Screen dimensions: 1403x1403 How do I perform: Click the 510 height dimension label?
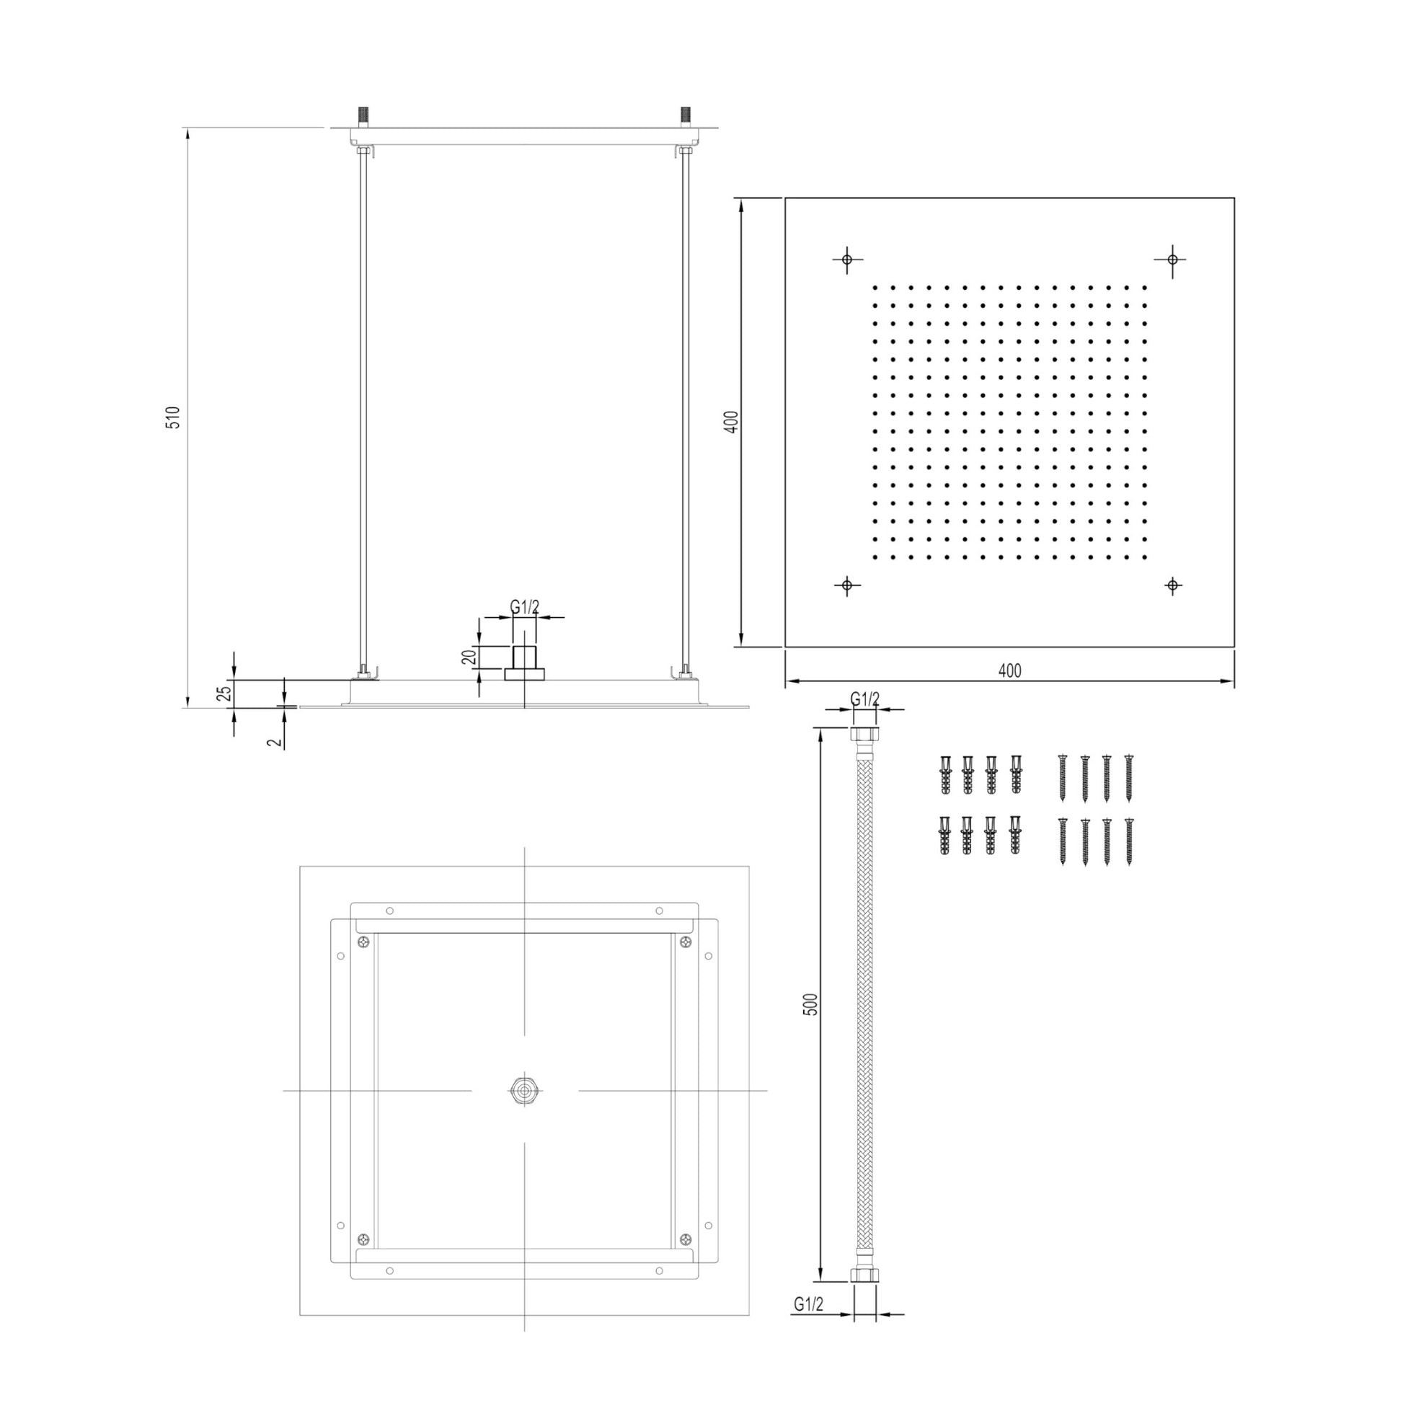click(174, 417)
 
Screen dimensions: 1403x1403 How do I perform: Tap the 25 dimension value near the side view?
click(225, 694)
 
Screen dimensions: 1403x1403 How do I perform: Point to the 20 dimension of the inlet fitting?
click(469, 658)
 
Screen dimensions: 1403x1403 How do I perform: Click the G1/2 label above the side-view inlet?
click(525, 607)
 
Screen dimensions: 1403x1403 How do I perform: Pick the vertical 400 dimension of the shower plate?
click(732, 422)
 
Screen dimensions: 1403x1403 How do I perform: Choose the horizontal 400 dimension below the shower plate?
click(1009, 670)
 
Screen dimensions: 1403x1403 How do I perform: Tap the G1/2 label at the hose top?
click(865, 699)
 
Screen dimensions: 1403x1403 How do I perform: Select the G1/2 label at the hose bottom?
click(808, 1324)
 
